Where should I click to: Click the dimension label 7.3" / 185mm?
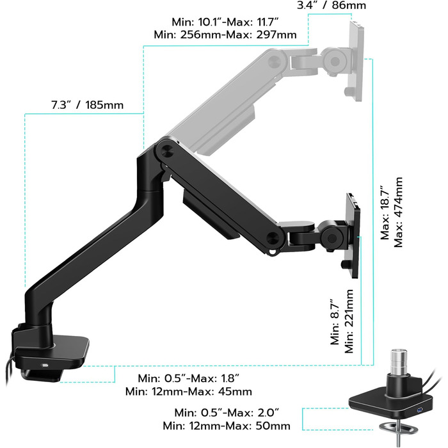(88, 105)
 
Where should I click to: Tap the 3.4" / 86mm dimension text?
(332, 5)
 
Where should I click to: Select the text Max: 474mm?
(398, 212)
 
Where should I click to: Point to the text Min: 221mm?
(349, 321)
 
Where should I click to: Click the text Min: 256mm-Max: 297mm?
(225, 35)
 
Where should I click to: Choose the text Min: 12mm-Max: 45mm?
(189, 391)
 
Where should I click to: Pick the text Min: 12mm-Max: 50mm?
(227, 426)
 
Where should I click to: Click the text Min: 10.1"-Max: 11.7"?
(225, 22)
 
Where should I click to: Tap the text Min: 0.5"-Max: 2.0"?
(227, 413)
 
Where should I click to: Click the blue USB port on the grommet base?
(419, 411)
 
